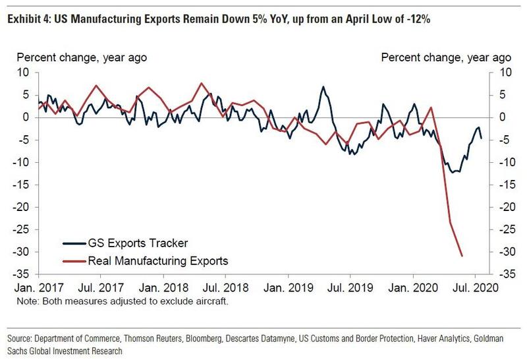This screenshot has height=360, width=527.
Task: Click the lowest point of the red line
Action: pyautogui.click(x=462, y=256)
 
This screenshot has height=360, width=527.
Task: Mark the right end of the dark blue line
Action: pyautogui.click(x=481, y=138)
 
